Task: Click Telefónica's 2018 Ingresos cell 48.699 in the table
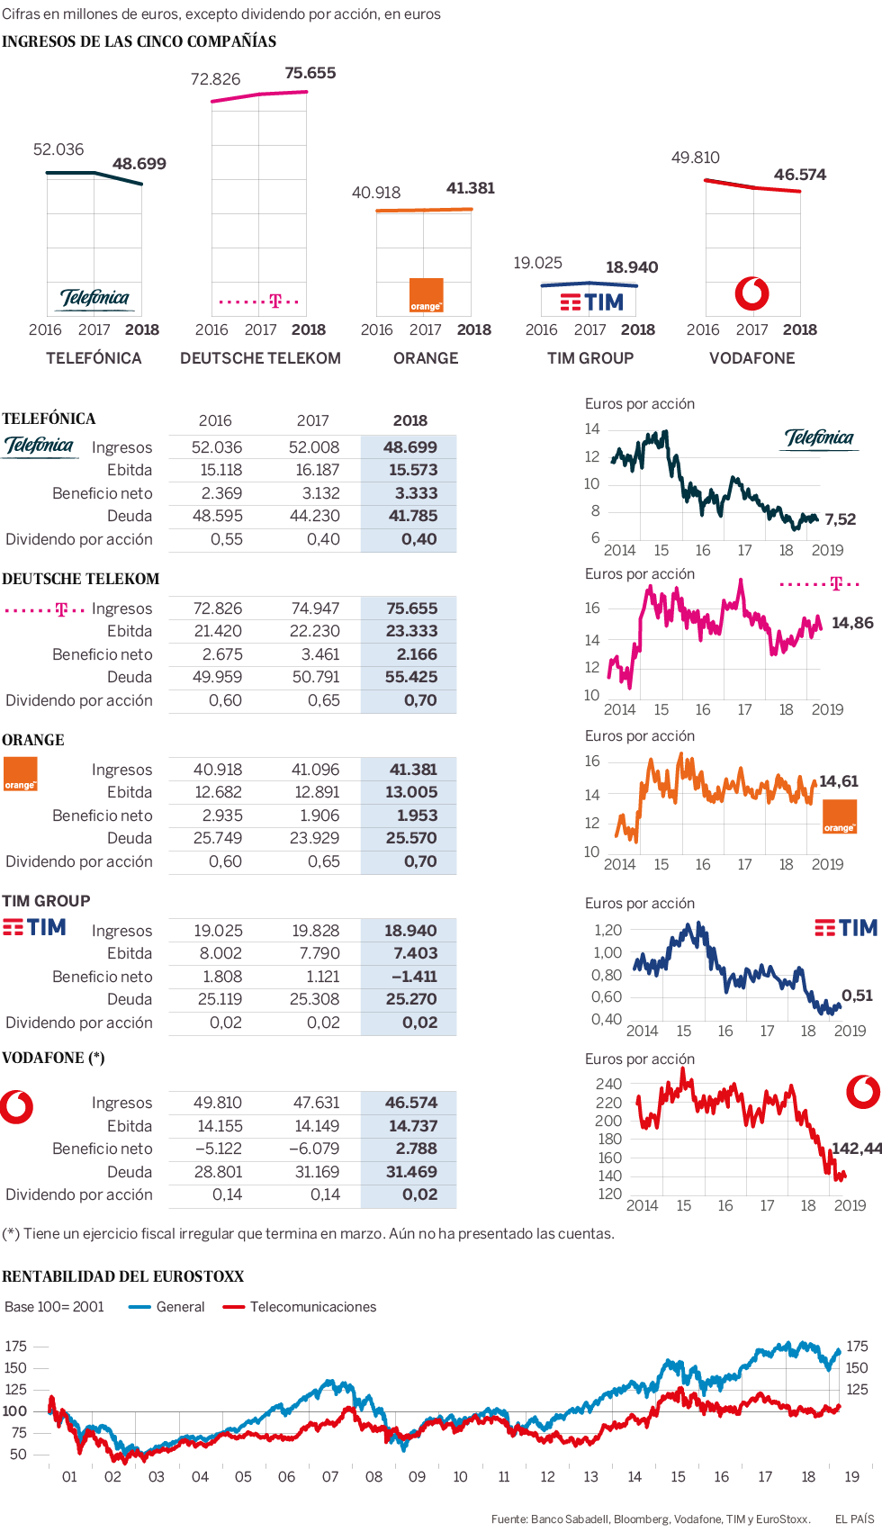pos(409,447)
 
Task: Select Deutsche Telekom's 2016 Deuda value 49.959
pos(217,677)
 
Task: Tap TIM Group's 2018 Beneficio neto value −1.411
pos(414,977)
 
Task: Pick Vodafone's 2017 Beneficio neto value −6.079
pos(314,1149)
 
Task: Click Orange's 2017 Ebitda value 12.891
pos(315,792)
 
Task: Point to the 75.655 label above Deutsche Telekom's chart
pos(310,73)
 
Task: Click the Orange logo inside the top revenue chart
pos(426,294)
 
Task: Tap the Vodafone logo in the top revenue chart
pos(751,293)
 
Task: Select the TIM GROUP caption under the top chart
pos(590,358)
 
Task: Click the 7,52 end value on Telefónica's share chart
pos(840,519)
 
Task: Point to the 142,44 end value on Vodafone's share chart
pos(856,1149)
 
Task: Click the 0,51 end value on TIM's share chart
pos(857,996)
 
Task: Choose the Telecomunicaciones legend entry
pos(312,1307)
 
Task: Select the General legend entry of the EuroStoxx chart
pos(180,1307)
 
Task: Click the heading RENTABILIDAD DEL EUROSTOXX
pos(123,1276)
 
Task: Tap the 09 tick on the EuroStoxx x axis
pos(417,1477)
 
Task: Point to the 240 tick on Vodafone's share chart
pos(608,1085)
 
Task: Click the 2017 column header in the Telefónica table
pos(312,420)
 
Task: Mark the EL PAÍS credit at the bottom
pos(854,1519)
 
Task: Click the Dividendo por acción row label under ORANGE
pos(79,861)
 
